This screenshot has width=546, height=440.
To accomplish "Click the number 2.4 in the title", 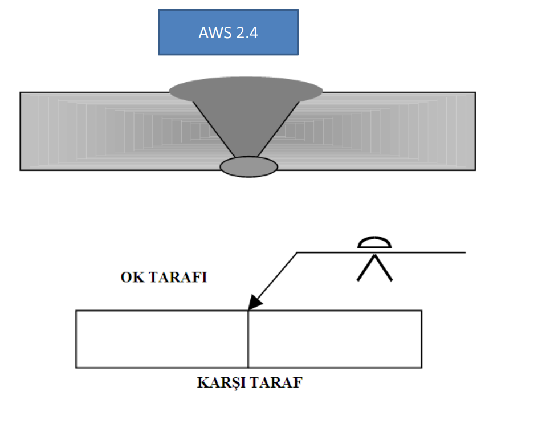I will pyautogui.click(x=246, y=33).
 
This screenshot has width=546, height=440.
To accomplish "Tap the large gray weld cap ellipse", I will pyautogui.click(x=246, y=89).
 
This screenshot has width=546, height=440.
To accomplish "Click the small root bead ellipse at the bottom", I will pyautogui.click(x=249, y=166).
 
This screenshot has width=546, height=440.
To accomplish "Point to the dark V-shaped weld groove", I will pyautogui.click(x=246, y=125).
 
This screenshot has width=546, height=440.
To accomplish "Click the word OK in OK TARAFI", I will pyautogui.click(x=131, y=278).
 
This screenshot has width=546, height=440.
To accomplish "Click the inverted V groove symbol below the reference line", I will pyautogui.click(x=374, y=268).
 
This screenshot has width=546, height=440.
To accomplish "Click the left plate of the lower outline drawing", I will pyautogui.click(x=162, y=339).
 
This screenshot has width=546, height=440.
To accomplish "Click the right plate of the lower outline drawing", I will pyautogui.click(x=335, y=339).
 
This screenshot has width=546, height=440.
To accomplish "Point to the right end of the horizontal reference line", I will pyautogui.click(x=464, y=252).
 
